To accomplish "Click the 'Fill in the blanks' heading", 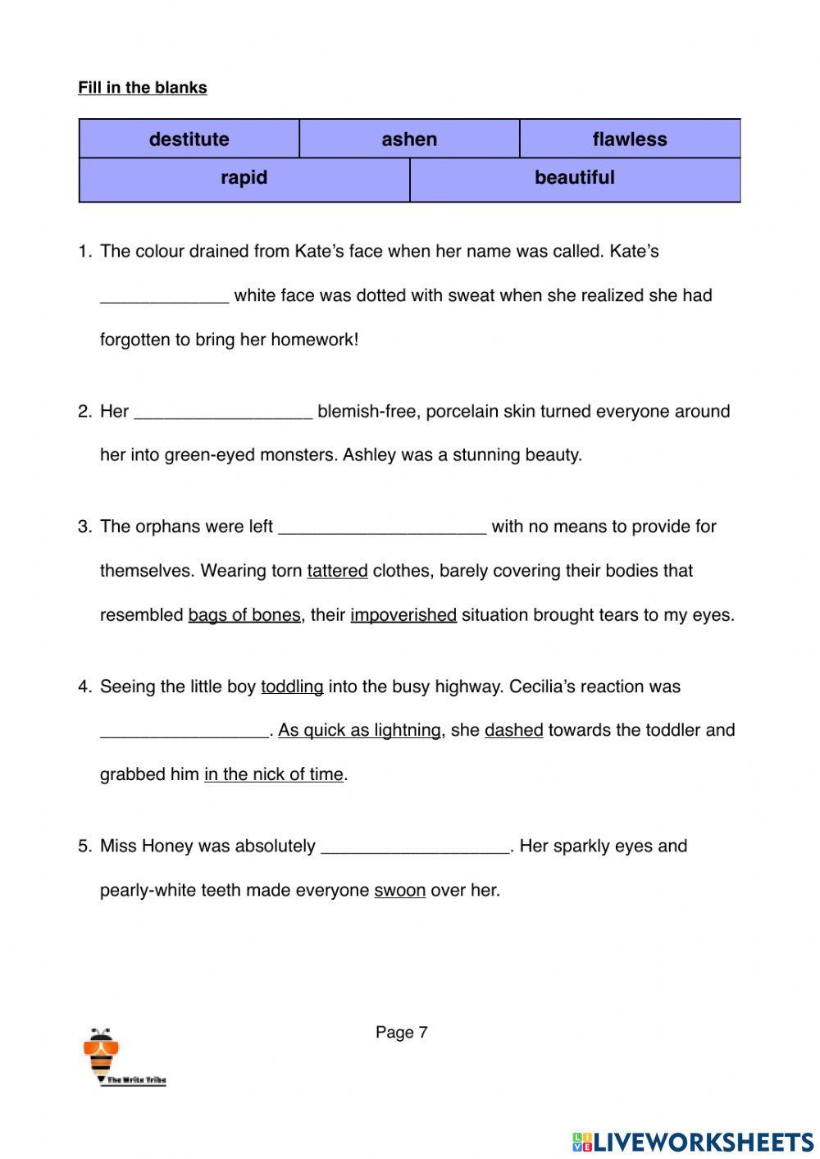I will tap(143, 88).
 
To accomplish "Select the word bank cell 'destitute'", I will tap(189, 139).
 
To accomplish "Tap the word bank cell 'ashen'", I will tap(409, 139).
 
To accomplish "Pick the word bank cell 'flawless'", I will tap(630, 139).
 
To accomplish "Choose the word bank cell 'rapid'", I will tap(244, 178).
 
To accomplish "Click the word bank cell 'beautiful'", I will tap(575, 178).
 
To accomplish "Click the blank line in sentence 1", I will tap(164, 297).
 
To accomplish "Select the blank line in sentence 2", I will tap(223, 413).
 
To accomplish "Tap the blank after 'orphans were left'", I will tap(382, 527).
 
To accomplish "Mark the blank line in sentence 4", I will tap(184, 732).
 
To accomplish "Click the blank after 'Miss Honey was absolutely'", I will tap(416, 847).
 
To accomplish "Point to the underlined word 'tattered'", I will tap(337, 571).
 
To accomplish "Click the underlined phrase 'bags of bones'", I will tap(244, 615).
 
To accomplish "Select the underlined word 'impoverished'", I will tap(403, 615).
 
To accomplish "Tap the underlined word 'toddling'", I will tap(292, 687).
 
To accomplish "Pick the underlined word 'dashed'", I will tap(514, 730).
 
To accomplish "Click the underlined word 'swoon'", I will tap(400, 890).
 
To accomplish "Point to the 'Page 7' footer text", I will tap(402, 1033).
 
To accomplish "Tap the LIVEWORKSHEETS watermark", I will tap(693, 1142).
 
